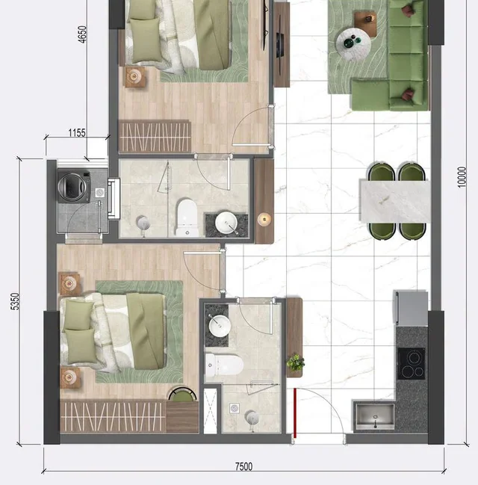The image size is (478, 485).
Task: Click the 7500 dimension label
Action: pos(243,466)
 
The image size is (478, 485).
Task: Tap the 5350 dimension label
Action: pos(14,302)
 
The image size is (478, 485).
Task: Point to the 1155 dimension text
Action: pos(77,133)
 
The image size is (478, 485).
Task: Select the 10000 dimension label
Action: pos(462,177)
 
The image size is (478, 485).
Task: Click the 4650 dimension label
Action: pos(82,34)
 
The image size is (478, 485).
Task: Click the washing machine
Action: pos(74,187)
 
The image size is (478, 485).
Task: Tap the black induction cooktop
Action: pos(412,364)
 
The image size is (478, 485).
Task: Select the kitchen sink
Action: pos(375,416)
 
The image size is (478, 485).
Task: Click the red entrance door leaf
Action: pos(295,413)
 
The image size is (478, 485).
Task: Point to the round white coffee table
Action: pos(353,43)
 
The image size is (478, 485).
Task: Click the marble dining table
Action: pos(395,202)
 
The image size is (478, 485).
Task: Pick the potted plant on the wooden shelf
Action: pos(295,362)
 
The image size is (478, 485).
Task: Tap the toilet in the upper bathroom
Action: pos(187,217)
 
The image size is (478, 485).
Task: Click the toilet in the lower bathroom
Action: pos(224,365)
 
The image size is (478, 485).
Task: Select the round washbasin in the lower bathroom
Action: pos(220,325)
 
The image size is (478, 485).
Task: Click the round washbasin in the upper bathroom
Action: pos(226,223)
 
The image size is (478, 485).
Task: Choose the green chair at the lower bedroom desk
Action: pos(182,395)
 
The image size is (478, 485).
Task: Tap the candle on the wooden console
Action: pos(264,219)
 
